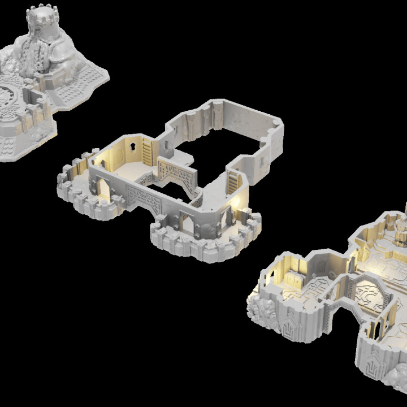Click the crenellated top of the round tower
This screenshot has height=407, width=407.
pyautogui.click(x=43, y=14)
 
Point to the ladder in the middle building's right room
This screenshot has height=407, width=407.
pyautogui.click(x=232, y=183)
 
